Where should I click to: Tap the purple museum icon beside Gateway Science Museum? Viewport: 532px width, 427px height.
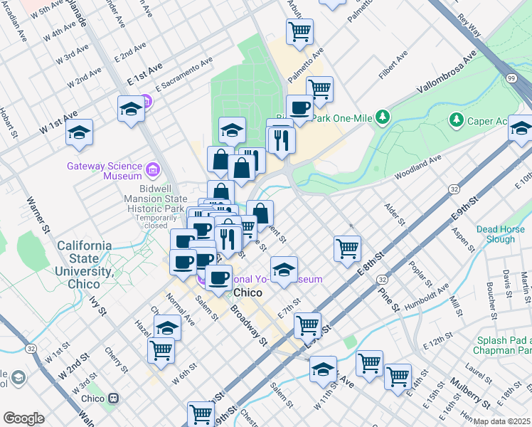point(152,169)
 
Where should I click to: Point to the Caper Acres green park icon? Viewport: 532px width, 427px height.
point(455,121)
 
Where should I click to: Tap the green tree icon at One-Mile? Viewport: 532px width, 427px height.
point(383,115)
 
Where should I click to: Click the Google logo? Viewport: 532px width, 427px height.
point(23,418)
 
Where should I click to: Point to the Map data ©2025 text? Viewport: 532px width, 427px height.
point(501,421)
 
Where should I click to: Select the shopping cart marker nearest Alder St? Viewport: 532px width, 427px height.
point(347,248)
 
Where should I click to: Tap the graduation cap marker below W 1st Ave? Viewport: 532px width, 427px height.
point(79,132)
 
